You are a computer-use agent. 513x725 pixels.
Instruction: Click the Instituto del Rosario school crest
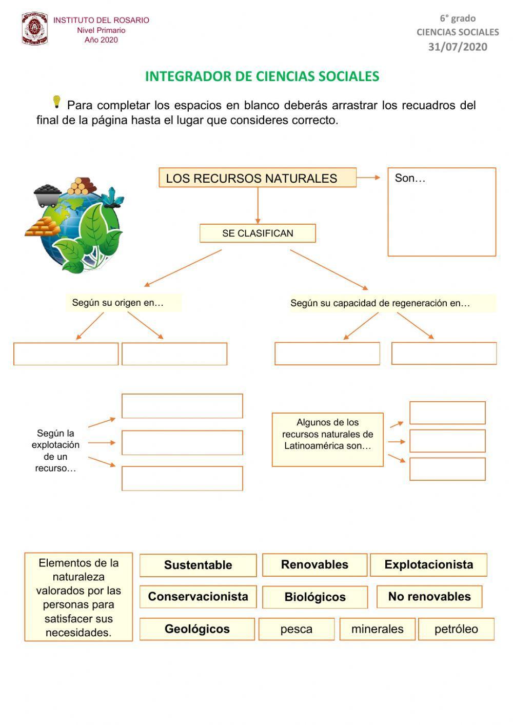[34, 29]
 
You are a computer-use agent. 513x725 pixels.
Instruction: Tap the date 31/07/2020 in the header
[458, 47]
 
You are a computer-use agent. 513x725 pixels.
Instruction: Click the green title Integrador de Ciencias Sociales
[262, 76]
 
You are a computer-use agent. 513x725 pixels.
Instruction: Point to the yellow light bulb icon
[56, 102]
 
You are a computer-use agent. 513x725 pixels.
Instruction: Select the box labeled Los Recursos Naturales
[257, 178]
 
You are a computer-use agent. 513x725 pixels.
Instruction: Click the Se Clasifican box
[258, 233]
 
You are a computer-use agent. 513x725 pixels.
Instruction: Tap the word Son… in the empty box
[410, 179]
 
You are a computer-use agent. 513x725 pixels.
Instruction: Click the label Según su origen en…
[118, 303]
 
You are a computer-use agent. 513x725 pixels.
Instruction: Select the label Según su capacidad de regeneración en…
[380, 303]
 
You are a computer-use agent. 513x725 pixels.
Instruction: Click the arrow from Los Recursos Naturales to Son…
[368, 178]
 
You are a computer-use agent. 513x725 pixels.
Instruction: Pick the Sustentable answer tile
[198, 565]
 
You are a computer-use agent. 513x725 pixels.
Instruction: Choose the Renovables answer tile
[314, 564]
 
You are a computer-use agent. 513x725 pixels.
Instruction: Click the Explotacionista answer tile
[428, 564]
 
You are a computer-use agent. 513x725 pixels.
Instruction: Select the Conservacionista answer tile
[198, 597]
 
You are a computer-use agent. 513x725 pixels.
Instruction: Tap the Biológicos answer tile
[315, 597]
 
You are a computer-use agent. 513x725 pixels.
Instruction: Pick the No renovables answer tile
[429, 597]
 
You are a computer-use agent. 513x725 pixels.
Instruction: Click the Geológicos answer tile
[197, 629]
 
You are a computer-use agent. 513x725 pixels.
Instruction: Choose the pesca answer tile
[297, 629]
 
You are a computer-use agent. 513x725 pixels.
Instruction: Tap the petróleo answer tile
[456, 629]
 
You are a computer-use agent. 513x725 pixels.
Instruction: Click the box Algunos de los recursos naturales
[327, 439]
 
